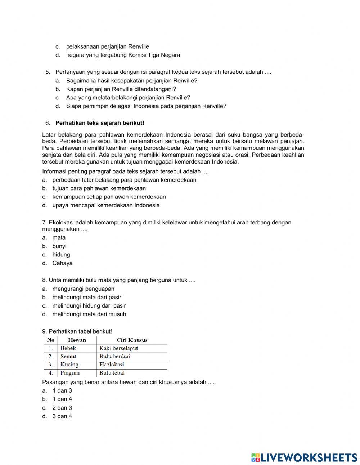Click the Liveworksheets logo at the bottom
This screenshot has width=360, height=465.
tap(304, 457)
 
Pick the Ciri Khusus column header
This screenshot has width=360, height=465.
tap(132, 340)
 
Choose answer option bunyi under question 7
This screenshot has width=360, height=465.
tap(59, 246)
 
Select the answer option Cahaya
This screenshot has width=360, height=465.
tap(62, 263)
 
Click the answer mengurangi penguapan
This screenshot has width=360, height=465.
tap(83, 289)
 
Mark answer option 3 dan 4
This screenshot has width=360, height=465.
tap(62, 416)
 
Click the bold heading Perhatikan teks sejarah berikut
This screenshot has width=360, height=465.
tap(100, 123)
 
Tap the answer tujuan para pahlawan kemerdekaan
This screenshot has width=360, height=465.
tap(99, 188)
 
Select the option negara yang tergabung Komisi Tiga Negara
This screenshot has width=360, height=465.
tap(123, 55)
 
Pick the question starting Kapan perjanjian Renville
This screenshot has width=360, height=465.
tap(121, 89)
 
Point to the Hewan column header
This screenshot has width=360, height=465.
tap(77, 340)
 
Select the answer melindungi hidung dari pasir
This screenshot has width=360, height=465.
tap(89, 306)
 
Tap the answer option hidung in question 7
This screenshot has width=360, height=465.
tap(61, 255)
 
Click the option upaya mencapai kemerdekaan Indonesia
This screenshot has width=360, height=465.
tap(106, 205)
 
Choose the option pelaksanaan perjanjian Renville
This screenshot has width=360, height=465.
tap(107, 46)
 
